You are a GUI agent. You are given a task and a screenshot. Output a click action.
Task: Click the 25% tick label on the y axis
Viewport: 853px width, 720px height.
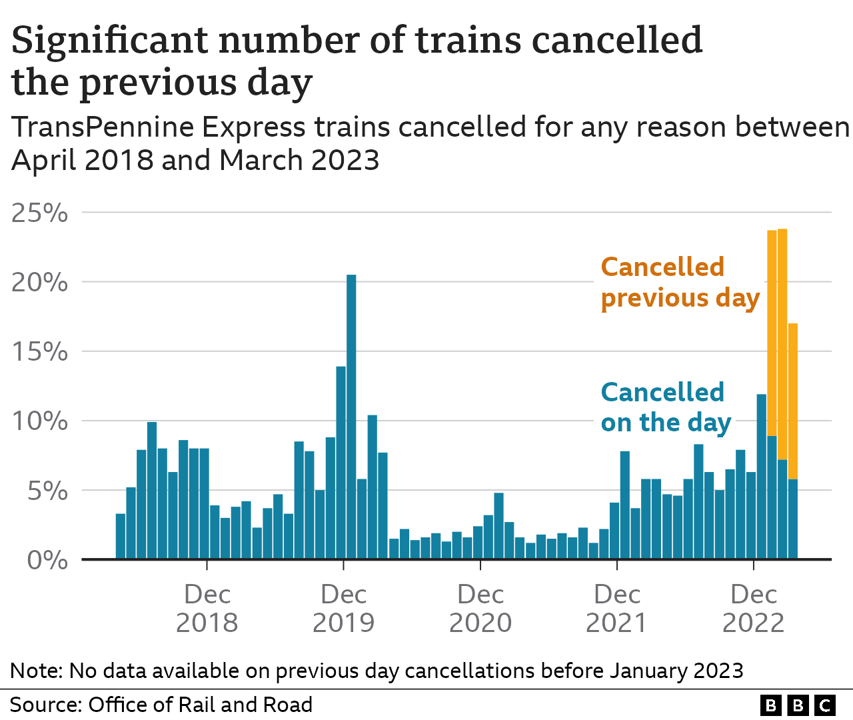click(39, 213)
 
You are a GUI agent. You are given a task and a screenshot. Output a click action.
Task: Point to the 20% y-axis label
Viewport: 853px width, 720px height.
click(39, 283)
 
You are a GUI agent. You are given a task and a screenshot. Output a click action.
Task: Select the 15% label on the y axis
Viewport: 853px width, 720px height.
click(39, 352)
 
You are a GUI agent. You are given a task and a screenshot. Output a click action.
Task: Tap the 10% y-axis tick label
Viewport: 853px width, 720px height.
click(39, 421)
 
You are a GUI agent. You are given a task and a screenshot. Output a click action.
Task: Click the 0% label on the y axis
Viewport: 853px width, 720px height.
click(47, 561)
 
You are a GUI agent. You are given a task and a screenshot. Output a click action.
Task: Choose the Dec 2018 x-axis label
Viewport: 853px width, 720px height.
click(207, 608)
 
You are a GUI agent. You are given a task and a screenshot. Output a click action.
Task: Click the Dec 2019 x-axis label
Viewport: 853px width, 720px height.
click(343, 608)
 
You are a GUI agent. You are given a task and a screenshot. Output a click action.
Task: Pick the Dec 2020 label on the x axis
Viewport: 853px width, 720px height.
click(480, 608)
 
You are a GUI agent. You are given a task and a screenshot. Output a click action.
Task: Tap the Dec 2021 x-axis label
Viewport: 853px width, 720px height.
click(616, 608)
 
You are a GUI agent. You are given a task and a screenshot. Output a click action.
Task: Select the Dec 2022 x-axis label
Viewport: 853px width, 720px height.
click(753, 608)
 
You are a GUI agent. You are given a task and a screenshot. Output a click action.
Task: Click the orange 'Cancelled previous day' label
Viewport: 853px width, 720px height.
click(680, 283)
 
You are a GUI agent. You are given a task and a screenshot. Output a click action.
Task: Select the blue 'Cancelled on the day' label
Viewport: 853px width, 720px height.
click(666, 407)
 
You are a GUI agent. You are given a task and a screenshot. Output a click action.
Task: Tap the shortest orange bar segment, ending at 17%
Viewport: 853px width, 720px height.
click(793, 401)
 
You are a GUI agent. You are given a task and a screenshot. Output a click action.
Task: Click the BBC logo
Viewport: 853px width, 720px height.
click(798, 705)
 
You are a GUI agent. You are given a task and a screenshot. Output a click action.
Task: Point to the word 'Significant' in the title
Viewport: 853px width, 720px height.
click(109, 40)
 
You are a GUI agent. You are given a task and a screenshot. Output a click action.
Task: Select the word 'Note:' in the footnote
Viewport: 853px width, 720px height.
click(36, 671)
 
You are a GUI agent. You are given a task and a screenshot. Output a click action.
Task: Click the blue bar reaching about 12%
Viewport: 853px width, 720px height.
click(761, 477)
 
